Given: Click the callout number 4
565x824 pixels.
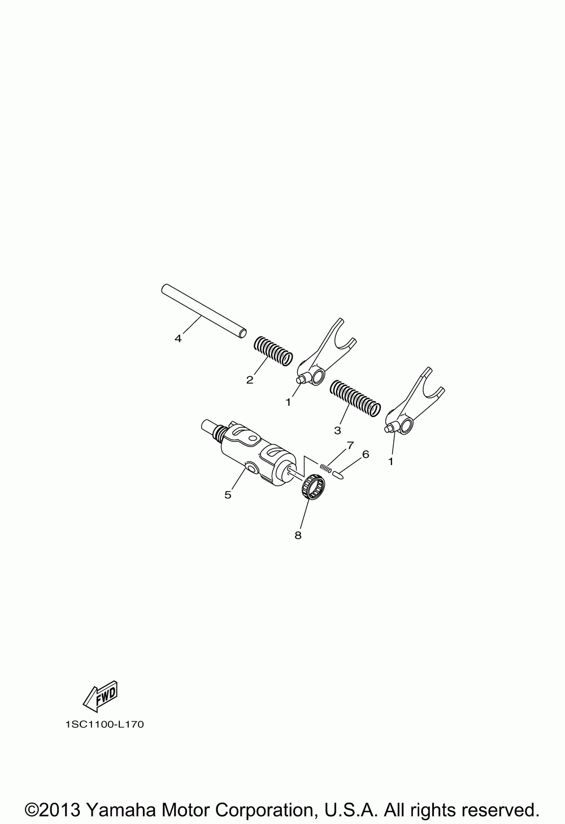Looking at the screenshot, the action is click(178, 339).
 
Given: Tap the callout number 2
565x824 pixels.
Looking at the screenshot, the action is click(250, 380).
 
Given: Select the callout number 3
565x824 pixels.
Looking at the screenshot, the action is click(338, 431).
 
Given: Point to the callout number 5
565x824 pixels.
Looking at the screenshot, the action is click(228, 495).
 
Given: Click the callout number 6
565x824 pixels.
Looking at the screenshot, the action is click(365, 454).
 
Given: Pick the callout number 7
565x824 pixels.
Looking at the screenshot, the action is click(350, 445).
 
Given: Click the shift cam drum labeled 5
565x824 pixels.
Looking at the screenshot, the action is click(250, 452).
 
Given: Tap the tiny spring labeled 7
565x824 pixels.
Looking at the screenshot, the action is click(325, 468).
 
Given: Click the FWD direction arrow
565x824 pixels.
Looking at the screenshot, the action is click(101, 696).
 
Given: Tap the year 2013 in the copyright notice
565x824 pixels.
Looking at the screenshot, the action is click(61, 810).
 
